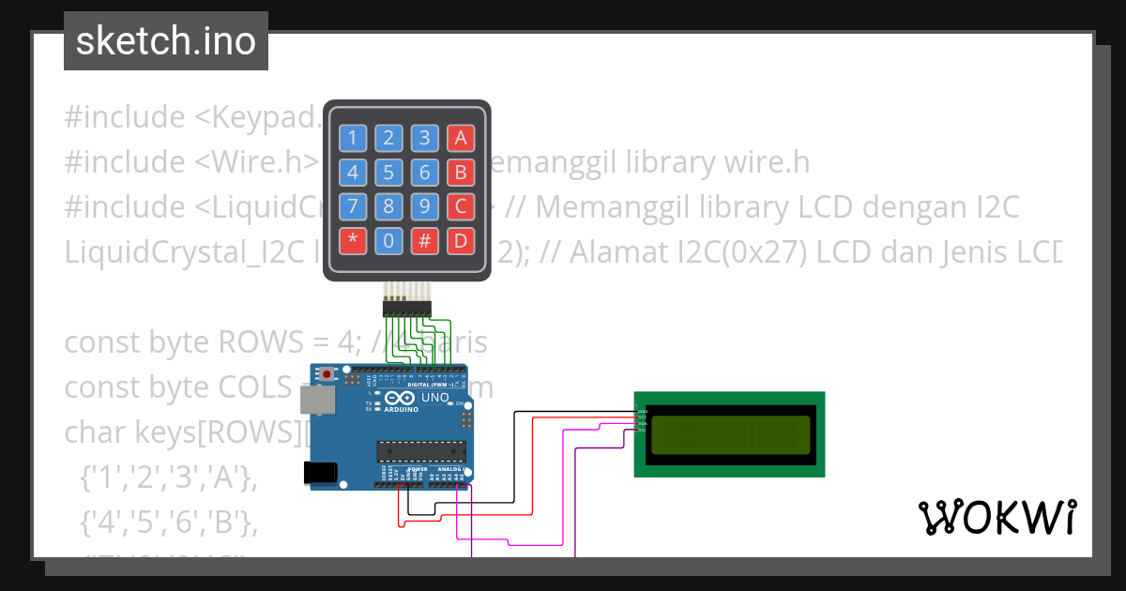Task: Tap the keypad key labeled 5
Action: [388, 173]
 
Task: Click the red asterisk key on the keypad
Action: [352, 240]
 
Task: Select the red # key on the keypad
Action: [424, 240]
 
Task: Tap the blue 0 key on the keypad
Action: [388, 240]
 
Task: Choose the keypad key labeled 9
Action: [424, 206]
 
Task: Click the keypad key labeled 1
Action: [352, 139]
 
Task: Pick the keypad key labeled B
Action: [461, 173]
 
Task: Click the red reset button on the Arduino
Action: [326, 374]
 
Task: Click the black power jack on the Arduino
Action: [321, 473]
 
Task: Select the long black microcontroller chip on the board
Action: [421, 451]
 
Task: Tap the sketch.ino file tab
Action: [166, 41]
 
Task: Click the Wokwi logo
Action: [997, 517]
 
